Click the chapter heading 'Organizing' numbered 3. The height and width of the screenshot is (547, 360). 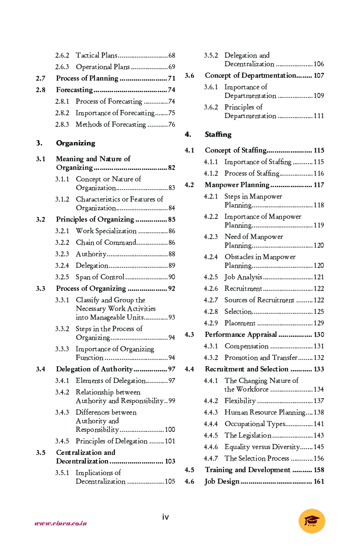pyautogui.click(x=75, y=143)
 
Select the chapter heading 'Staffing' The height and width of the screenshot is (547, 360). pyautogui.click(x=218, y=134)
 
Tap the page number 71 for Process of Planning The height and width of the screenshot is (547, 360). pyautogui.click(x=171, y=78)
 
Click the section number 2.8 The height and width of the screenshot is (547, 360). pyautogui.click(x=41, y=90)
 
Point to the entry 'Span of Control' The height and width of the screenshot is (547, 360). pyautogui.click(x=100, y=277)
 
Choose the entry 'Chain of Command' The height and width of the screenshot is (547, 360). pyautogui.click(x=106, y=242)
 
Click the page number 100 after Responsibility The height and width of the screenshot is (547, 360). pyautogui.click(x=170, y=429)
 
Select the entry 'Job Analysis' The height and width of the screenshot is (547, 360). pyautogui.click(x=243, y=277)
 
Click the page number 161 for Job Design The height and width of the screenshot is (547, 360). pyautogui.click(x=319, y=481)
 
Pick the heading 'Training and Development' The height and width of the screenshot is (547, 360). pyautogui.click(x=248, y=470)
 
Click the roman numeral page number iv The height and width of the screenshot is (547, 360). pyautogui.click(x=165, y=517)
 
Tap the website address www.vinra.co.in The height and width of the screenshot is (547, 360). pyautogui.click(x=60, y=523)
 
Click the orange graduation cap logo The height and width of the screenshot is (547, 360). pyautogui.click(x=312, y=521)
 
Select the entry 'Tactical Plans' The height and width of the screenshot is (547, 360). pyautogui.click(x=96, y=55)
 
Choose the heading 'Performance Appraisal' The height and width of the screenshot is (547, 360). pyautogui.click(x=241, y=334)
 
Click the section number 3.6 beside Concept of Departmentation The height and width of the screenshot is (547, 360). pyautogui.click(x=190, y=75)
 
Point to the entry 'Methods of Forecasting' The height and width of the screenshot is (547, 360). pyautogui.click(x=110, y=124)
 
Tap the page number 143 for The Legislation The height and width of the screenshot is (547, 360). pyautogui.click(x=319, y=435)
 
